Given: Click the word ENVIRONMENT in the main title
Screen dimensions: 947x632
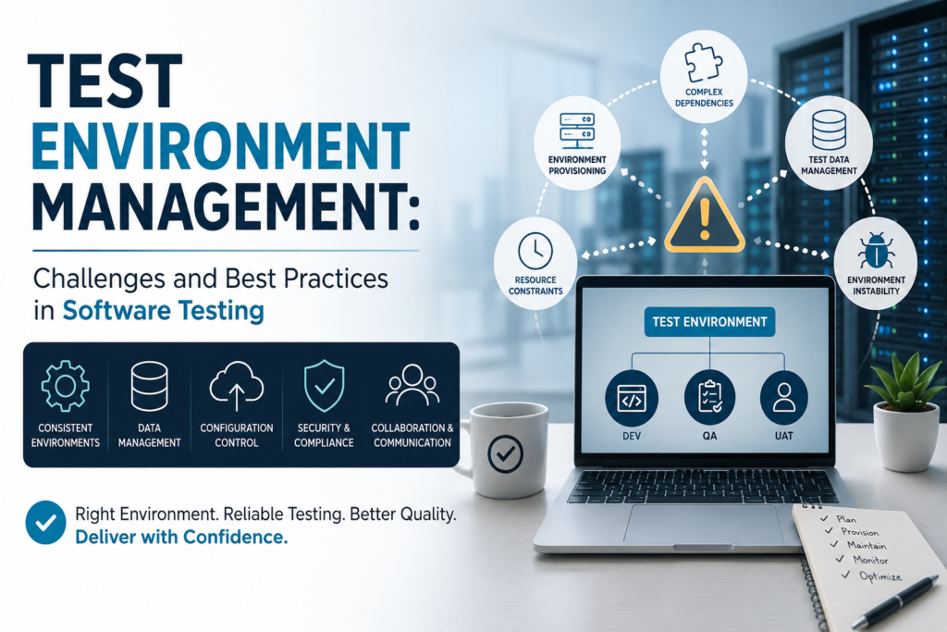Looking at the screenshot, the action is [x=220, y=146].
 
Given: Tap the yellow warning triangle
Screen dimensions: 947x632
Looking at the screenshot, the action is [x=704, y=216].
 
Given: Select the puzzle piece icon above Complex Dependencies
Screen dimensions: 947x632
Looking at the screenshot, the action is [x=704, y=63].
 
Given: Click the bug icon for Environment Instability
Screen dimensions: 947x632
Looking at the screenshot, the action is [x=876, y=251].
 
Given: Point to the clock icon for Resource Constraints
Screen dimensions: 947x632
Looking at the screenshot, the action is [x=535, y=251].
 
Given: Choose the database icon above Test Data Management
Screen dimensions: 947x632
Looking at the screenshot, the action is [x=829, y=130].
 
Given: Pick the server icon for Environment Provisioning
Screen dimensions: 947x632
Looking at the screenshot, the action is [x=577, y=130].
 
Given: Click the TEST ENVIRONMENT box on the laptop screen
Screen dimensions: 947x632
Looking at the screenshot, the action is [x=709, y=322].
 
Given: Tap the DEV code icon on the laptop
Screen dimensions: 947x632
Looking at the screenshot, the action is [x=632, y=399].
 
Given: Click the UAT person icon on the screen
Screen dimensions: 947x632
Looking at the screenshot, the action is [x=784, y=399].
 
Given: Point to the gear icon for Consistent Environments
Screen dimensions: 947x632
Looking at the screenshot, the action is [x=66, y=386].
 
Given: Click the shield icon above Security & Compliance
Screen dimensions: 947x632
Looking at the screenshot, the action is [x=325, y=386].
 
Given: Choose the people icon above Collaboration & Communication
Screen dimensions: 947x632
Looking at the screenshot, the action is [x=412, y=385].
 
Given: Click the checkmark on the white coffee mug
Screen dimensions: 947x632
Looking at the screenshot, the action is [x=505, y=453].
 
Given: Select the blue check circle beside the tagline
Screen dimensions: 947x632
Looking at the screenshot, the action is [x=46, y=523].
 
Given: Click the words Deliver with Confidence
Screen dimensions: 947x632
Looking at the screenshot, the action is [x=181, y=537].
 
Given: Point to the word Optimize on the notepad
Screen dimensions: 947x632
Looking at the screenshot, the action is [x=880, y=576].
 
